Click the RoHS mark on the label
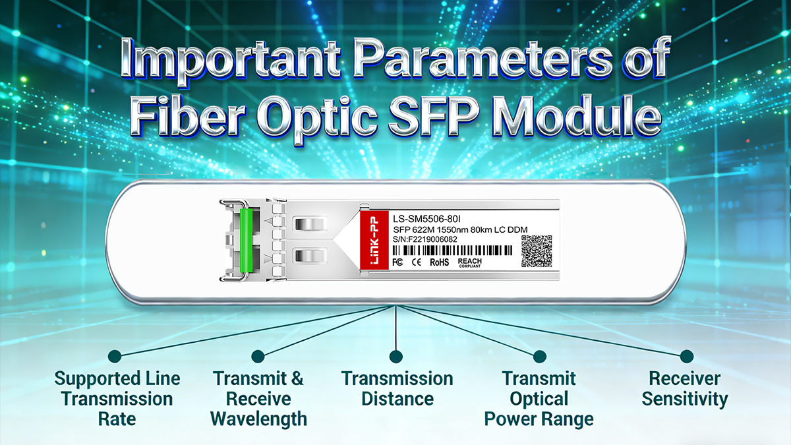click(x=440, y=262)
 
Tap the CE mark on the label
click(x=417, y=262)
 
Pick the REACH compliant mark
click(x=469, y=262)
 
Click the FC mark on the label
click(x=397, y=262)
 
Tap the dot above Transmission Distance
click(x=395, y=357)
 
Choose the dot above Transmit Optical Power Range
click(x=539, y=357)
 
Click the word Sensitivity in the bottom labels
click(x=685, y=399)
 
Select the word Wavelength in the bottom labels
click(x=259, y=419)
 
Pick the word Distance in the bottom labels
click(x=397, y=399)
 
